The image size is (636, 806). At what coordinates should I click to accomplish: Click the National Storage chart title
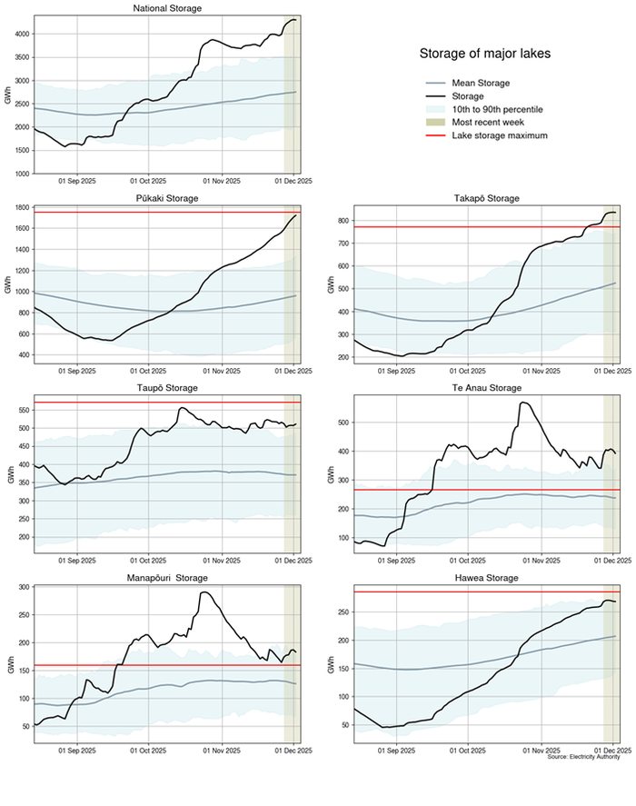tap(167, 8)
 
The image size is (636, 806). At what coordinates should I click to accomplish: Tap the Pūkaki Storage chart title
tap(167, 197)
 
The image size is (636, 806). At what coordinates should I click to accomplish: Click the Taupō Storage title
tap(167, 388)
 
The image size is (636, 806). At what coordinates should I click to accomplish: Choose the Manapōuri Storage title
tap(167, 577)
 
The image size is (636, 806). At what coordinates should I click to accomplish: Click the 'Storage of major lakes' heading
tap(484, 54)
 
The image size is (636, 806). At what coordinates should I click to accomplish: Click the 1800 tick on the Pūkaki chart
tap(20, 208)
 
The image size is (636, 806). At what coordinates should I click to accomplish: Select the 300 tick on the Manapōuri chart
tap(22, 587)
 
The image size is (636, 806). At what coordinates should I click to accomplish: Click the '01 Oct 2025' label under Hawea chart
tap(464, 751)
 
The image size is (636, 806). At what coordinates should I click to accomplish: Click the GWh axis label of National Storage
tap(7, 95)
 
